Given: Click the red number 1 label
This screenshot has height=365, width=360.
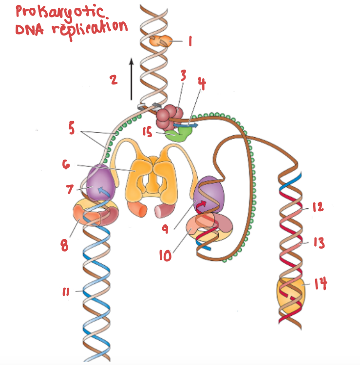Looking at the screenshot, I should (190, 42).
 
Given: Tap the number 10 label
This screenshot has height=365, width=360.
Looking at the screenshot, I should (166, 255).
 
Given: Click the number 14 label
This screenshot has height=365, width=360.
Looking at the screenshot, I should (321, 283).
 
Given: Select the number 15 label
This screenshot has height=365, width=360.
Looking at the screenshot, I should (148, 132).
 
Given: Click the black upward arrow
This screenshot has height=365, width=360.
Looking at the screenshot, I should (131, 78).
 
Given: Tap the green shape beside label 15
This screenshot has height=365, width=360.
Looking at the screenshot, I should (177, 134).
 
